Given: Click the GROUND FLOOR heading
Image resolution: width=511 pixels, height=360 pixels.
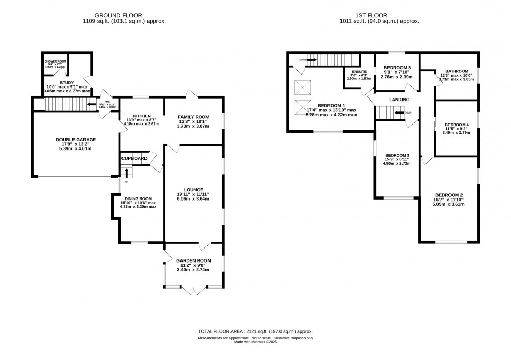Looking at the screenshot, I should click(x=119, y=16).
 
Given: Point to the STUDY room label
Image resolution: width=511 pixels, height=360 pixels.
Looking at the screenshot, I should click(x=66, y=82).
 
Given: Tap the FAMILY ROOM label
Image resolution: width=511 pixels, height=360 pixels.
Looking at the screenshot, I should click(x=192, y=117).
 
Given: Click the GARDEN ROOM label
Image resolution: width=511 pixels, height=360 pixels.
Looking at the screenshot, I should click(x=193, y=260).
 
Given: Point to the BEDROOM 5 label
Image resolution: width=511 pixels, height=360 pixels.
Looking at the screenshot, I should click(x=397, y=68).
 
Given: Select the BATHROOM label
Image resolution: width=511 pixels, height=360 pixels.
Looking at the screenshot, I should click(x=457, y=71).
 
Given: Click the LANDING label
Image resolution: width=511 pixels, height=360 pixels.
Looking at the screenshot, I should click(x=398, y=99).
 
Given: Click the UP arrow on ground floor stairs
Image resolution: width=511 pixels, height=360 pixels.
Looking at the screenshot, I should click(x=126, y=173).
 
